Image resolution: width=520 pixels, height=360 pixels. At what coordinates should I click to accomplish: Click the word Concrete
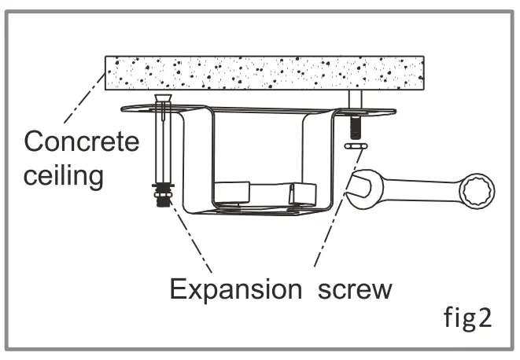coord(81,142)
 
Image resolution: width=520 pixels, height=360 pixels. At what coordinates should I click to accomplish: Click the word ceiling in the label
coord(63,174)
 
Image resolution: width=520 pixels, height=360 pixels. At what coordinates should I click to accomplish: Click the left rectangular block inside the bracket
coord(232,193)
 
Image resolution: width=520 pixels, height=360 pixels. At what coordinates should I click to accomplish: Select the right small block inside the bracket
coord(302,193)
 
